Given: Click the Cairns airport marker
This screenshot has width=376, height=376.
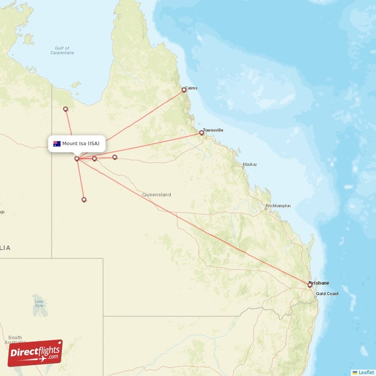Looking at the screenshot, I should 184,90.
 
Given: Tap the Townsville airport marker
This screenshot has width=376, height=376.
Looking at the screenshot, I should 202,133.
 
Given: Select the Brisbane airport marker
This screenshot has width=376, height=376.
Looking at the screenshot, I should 310,285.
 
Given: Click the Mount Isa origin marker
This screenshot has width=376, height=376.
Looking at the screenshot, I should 77,159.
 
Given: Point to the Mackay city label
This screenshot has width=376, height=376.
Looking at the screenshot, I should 250,165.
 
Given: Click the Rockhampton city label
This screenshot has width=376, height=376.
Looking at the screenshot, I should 278,206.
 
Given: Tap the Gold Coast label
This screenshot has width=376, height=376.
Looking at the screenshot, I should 327,294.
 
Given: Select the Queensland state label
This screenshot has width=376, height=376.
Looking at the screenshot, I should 157,195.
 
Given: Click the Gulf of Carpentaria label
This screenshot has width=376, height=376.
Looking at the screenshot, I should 62,50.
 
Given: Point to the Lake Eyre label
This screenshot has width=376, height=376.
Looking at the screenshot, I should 39,303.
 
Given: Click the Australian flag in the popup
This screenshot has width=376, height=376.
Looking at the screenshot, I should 57,143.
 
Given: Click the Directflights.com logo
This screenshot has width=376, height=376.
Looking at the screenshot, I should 35,353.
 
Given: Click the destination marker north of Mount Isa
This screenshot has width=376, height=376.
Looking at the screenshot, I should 66,109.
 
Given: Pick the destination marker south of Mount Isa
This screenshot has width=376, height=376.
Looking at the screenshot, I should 84,200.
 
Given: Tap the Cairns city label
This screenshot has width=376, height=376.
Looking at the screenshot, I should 191,88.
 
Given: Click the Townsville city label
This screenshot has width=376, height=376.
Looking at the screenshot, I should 213,130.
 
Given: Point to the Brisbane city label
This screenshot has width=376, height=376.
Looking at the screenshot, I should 320,283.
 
